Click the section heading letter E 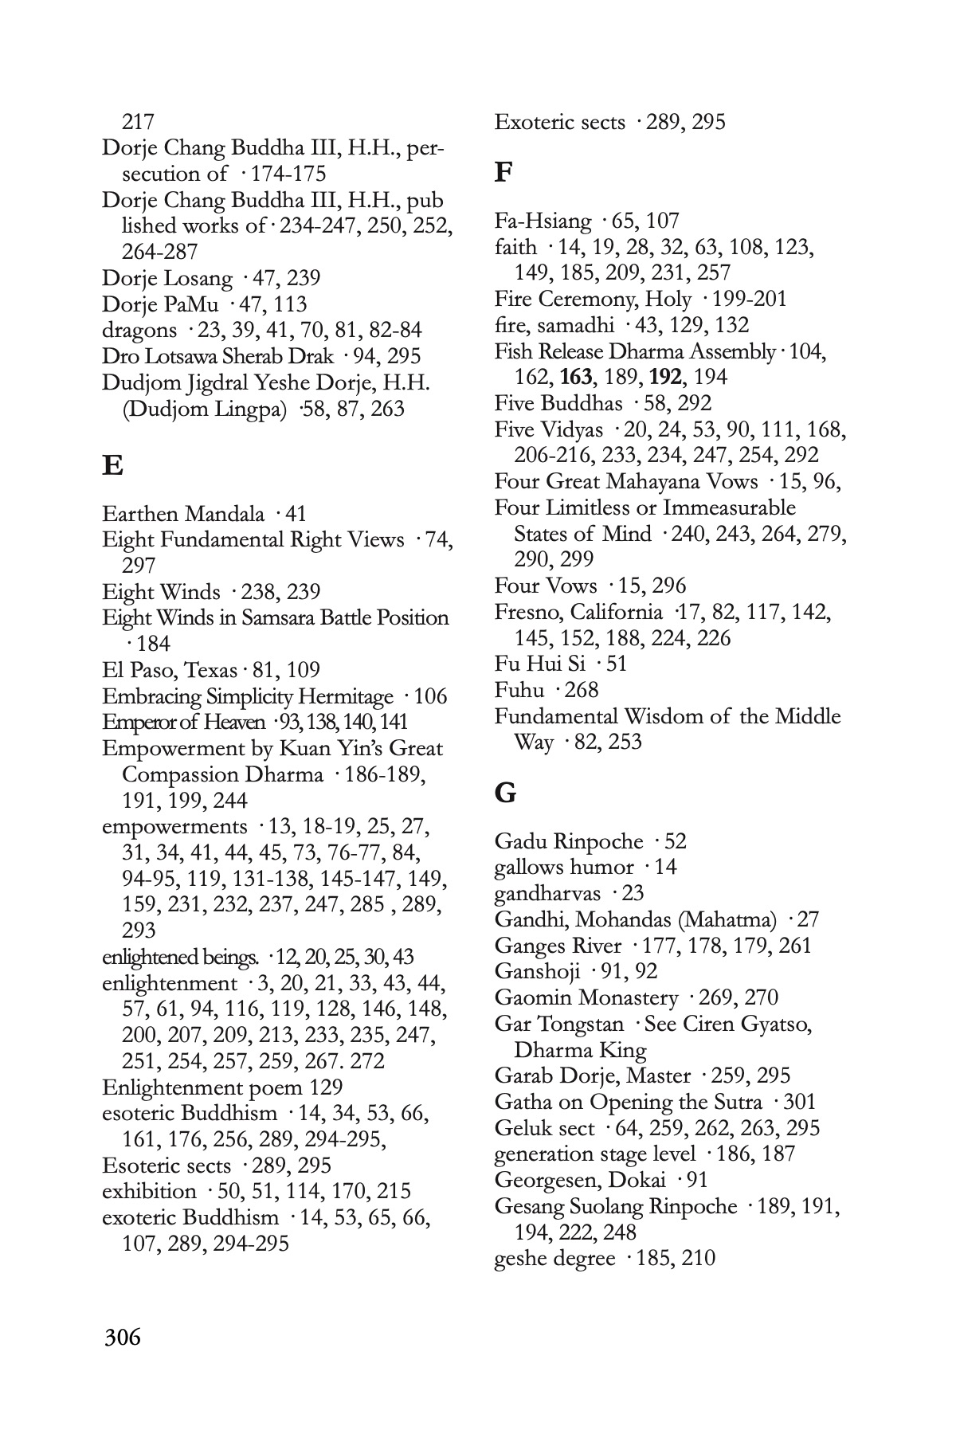pos(112,465)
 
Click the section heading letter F pos(503,172)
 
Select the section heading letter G pos(505,793)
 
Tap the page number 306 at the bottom pos(123,1336)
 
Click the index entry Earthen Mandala pos(183,514)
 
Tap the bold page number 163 pos(576,377)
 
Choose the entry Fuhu pos(519,690)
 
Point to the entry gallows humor pos(564,868)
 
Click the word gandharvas pos(547,894)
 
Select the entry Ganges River pos(558,946)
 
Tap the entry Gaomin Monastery pos(586,997)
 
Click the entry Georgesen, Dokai pos(578,1180)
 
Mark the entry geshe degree pos(554,1259)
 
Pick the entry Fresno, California pos(578,612)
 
